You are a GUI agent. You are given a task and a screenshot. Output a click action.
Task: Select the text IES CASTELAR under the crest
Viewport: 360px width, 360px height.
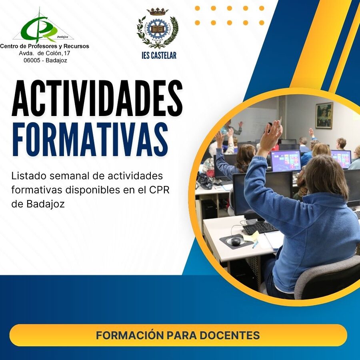point(159,56)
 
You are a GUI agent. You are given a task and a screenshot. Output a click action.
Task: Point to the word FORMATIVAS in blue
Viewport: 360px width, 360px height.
point(90,139)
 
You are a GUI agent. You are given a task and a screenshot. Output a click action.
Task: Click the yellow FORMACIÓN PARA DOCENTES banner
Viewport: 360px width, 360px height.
point(178,335)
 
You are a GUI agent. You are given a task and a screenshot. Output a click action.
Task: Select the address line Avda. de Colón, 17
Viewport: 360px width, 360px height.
point(44,53)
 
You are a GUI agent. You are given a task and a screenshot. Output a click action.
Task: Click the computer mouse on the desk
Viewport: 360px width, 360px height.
point(236,241)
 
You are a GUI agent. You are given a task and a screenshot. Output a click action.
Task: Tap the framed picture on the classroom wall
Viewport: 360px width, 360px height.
point(324,116)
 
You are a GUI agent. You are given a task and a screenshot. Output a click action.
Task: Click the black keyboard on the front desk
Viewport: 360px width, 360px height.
point(260,228)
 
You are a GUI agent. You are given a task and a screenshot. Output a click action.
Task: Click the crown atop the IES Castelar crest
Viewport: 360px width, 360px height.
point(158,12)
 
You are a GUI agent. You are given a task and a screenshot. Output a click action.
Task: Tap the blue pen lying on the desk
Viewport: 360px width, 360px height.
point(255,244)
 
